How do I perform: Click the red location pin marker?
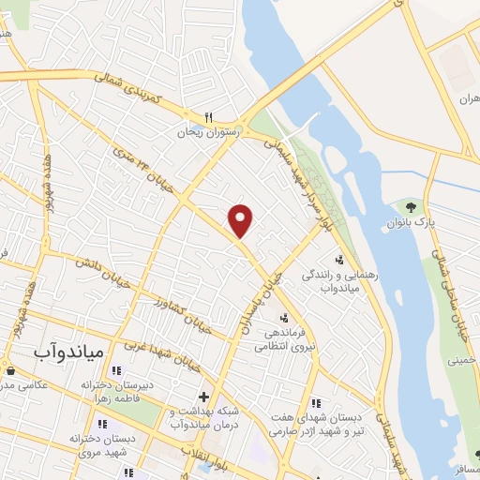tap(242, 220)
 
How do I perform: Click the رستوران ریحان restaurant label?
tap(211, 133)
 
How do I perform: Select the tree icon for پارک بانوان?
tap(409, 206)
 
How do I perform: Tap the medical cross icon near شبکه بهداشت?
tap(202, 397)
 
